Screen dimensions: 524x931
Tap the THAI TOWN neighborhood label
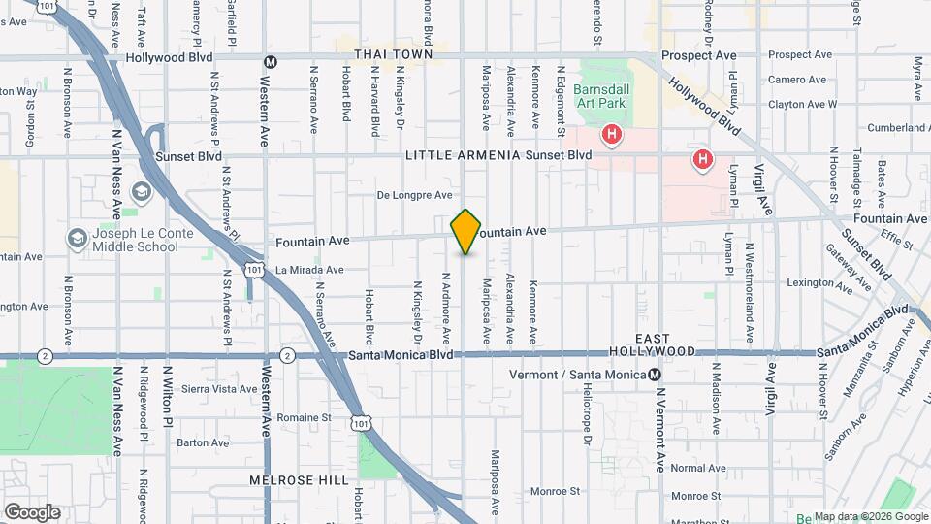click(x=393, y=54)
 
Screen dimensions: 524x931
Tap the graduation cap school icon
click(x=142, y=191)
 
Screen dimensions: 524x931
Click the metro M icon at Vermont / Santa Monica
click(x=656, y=376)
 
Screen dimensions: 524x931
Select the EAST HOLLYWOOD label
click(x=653, y=344)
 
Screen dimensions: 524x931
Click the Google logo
click(x=32, y=511)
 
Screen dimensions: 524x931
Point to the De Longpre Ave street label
click(x=415, y=195)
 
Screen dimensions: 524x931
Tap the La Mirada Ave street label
click(x=309, y=270)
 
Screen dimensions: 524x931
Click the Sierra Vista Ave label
click(x=219, y=388)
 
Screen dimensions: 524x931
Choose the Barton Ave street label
click(x=203, y=442)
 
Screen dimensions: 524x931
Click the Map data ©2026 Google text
click(x=870, y=516)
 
